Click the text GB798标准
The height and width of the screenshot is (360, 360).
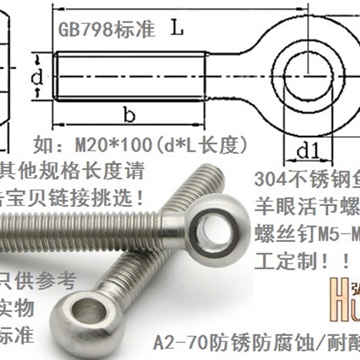tap(107, 30)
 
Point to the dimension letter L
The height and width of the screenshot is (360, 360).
tap(177, 30)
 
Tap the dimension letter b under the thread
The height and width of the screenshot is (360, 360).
tap(129, 116)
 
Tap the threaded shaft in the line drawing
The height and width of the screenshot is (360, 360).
tap(130, 76)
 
